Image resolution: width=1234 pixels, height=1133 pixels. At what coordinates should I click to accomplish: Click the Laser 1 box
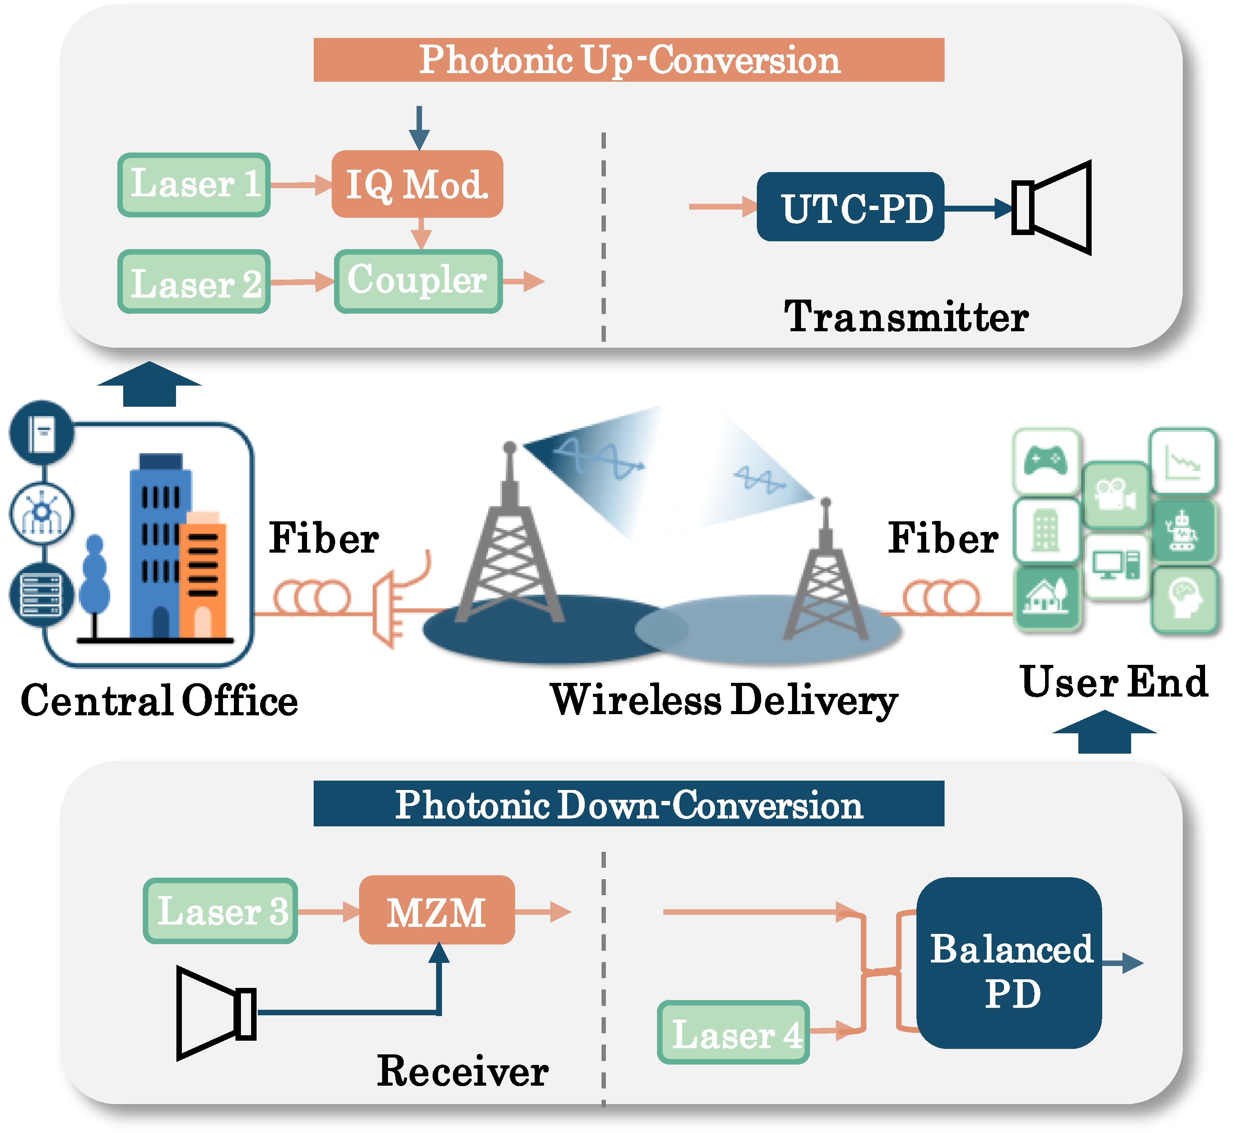[x=194, y=185]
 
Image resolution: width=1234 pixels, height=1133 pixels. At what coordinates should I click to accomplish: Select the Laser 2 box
[x=194, y=282]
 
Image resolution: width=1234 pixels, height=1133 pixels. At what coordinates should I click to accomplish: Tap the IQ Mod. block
[x=417, y=184]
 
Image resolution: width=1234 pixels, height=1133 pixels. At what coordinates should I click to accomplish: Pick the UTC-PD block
[x=850, y=207]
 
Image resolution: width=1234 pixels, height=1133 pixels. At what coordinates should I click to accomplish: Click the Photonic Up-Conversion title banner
[x=628, y=59]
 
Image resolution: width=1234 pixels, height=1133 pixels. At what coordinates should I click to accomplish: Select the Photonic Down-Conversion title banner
[x=628, y=803]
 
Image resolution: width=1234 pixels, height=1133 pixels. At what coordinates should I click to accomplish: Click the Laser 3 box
[x=221, y=910]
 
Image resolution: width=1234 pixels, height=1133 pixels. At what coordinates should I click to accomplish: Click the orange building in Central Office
[x=202, y=576]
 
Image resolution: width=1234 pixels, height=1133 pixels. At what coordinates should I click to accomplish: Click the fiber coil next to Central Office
[x=311, y=597]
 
